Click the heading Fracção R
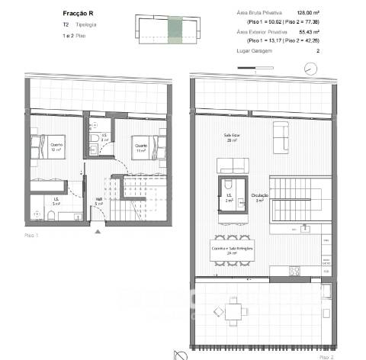[x=78, y=12]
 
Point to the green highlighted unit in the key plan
[x=175, y=28]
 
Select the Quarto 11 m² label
[x=140, y=148]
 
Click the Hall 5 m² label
[x=99, y=203]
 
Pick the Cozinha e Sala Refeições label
[x=231, y=249]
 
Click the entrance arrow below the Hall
[x=95, y=233]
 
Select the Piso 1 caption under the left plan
[x=31, y=236]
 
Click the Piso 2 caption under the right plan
[x=326, y=355]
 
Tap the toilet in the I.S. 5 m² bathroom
[x=47, y=217]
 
